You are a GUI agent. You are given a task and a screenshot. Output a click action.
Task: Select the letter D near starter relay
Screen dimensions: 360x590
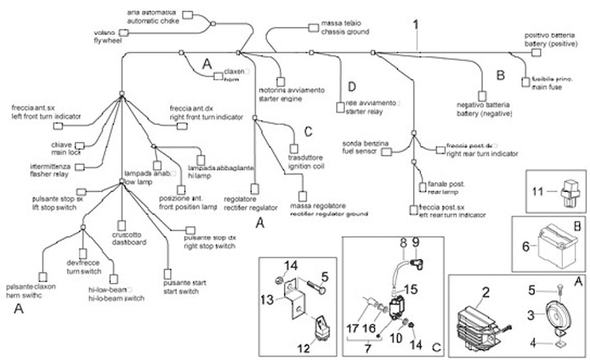click(x=351, y=87)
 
